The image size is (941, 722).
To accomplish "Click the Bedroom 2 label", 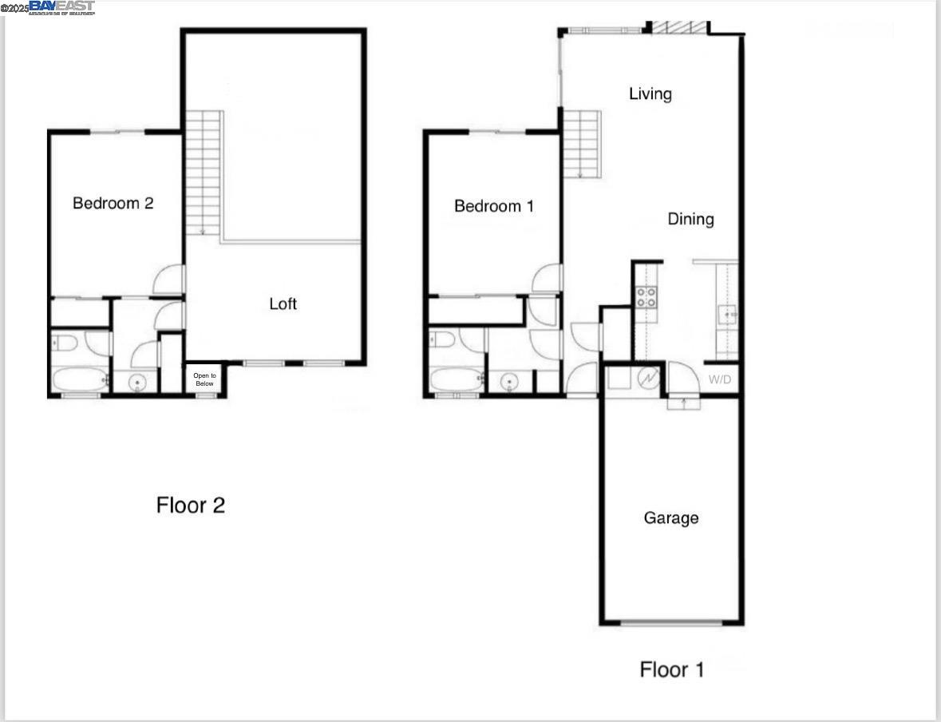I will pos(113,203).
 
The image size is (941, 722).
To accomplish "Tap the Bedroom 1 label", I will pos(493,206).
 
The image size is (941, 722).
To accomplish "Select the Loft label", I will pos(283,303).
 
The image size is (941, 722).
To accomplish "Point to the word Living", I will pos(650,93).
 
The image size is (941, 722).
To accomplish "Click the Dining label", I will pos(690,219).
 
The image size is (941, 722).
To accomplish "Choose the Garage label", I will pos(670,518).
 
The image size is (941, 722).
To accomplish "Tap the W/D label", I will pos(719,379).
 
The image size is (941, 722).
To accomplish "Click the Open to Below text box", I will pos(204,379).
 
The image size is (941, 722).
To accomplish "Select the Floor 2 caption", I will pos(190,505).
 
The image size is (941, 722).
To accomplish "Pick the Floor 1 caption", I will pos(671,668).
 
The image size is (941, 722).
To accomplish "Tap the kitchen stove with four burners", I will pos(646,297).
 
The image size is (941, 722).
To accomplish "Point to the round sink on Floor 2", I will pos(137,383).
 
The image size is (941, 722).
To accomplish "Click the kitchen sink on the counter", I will pos(726,313).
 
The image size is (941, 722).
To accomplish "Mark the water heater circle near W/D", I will pos(647,377).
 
